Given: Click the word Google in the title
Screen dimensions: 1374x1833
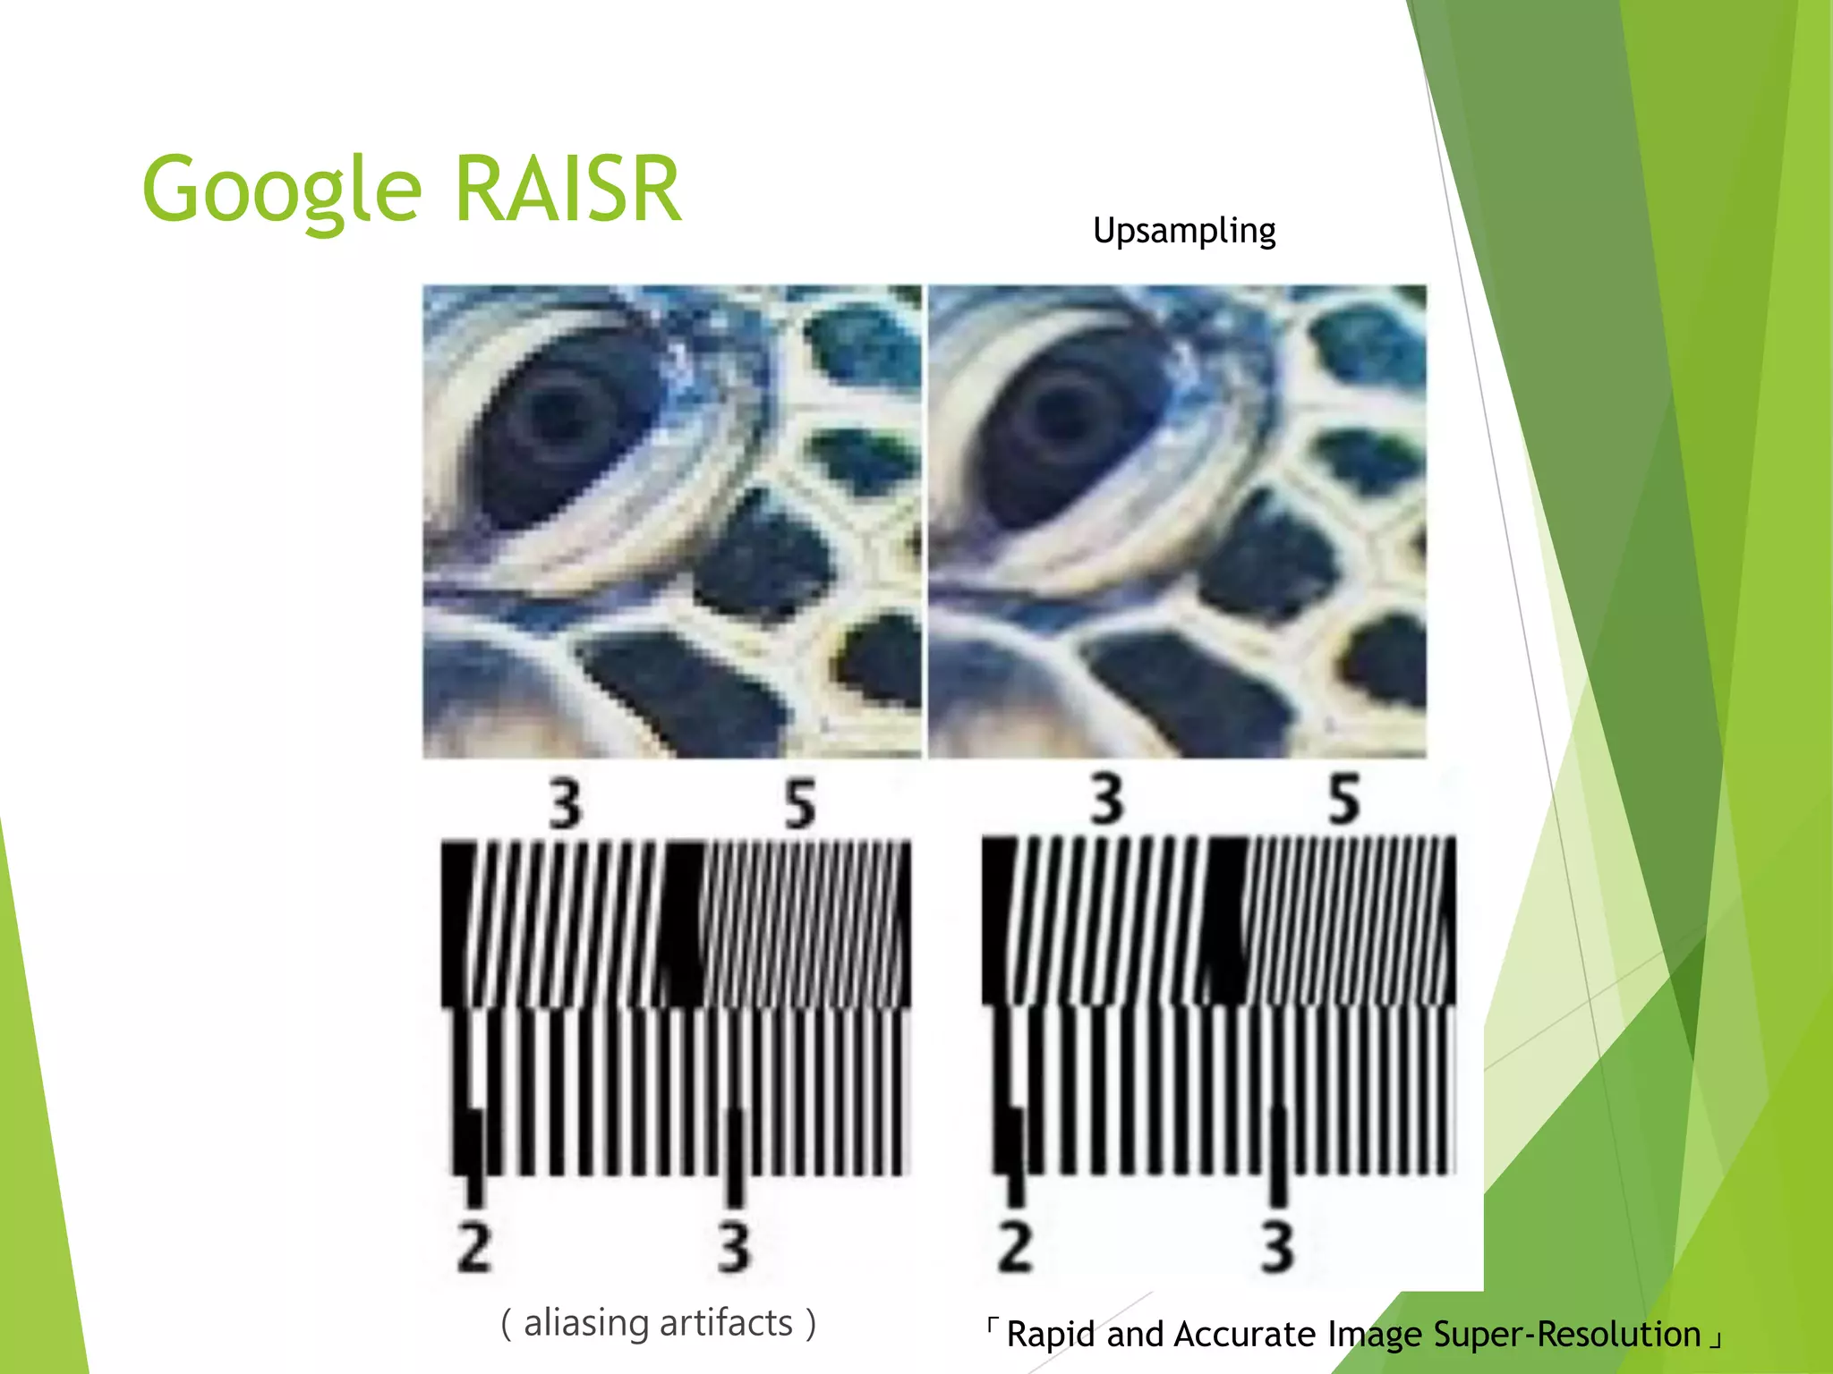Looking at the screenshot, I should [x=281, y=190].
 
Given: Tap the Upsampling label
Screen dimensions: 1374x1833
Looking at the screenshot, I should [x=1184, y=232].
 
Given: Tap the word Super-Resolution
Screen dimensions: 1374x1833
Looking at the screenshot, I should [x=1566, y=1335].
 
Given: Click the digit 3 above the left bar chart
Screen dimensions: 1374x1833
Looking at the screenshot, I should [x=565, y=804].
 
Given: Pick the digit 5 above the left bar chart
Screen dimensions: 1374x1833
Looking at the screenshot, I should [x=800, y=804].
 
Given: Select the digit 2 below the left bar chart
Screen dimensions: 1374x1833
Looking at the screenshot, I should [x=474, y=1247].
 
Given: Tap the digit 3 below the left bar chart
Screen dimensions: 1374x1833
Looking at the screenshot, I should [x=734, y=1247].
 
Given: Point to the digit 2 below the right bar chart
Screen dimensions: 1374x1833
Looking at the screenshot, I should [x=1016, y=1247].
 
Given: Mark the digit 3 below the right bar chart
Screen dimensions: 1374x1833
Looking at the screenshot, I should [x=1278, y=1247].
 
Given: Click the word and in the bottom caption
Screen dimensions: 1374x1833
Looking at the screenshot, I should [x=1135, y=1335].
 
